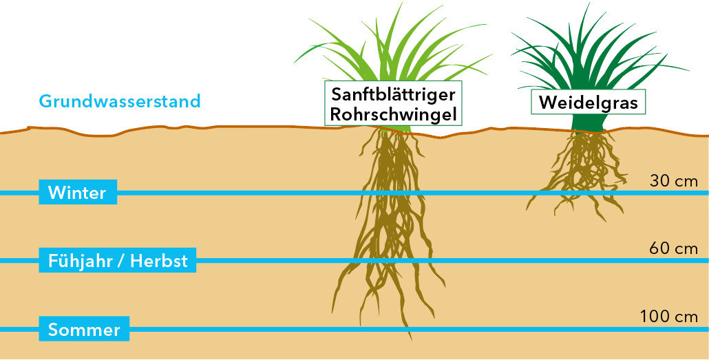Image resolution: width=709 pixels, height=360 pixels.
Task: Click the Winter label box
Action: pyautogui.click(x=78, y=192)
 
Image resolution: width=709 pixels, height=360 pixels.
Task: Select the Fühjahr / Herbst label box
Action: pyautogui.click(x=118, y=260)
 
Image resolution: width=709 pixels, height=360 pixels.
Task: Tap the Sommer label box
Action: pyautogui.click(x=84, y=329)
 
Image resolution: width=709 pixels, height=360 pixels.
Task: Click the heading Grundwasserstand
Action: pyautogui.click(x=120, y=101)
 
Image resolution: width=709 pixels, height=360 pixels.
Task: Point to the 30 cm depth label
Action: pyautogui.click(x=674, y=181)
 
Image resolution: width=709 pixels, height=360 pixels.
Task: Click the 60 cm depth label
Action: pyautogui.click(x=674, y=248)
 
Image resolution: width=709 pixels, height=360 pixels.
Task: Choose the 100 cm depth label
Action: pyautogui.click(x=669, y=317)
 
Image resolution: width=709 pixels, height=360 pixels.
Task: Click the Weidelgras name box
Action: pyautogui.click(x=588, y=102)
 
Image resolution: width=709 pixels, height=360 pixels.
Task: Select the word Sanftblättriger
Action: pyautogui.click(x=393, y=94)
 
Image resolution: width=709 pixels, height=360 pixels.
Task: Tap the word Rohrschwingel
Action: pyautogui.click(x=393, y=114)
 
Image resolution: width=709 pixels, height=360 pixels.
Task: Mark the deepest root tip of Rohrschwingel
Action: pyautogui.click(x=411, y=339)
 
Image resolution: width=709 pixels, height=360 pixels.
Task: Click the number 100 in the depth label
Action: pyautogui.click(x=655, y=317)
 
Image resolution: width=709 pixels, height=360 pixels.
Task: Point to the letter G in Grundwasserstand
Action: pyautogui.click(x=45, y=101)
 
